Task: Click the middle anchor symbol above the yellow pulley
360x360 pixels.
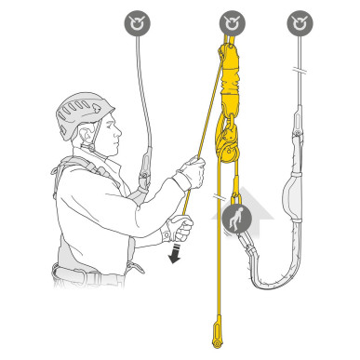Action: tap(231, 20)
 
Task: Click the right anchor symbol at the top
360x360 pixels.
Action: tap(299, 20)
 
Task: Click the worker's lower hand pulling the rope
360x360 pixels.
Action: tap(179, 229)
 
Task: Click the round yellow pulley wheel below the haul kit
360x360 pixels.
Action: tap(226, 140)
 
